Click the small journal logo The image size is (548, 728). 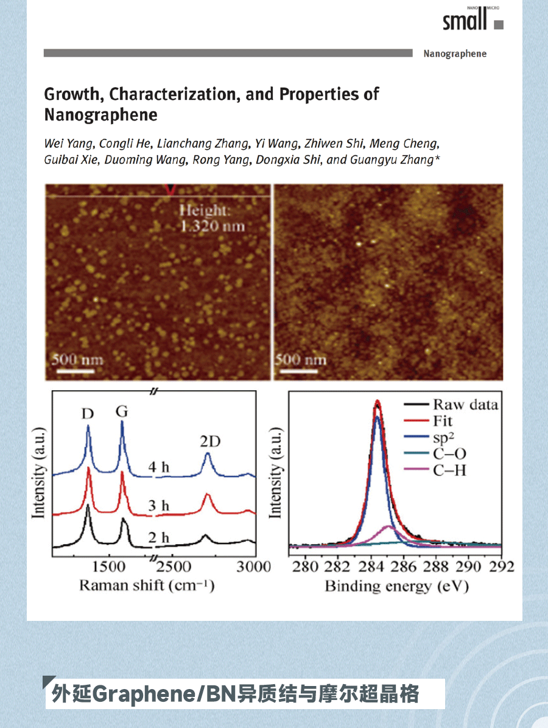point(472,20)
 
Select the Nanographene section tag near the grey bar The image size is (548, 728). point(455,54)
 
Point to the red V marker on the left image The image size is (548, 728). point(170,190)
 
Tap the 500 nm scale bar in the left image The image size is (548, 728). point(76,362)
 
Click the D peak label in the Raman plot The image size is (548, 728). point(88,414)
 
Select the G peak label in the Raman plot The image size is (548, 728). point(122,411)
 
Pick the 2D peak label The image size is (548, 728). point(209,441)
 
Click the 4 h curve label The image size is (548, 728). point(159,468)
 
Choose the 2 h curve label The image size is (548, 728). point(159,537)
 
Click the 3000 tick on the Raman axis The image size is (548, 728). point(253,567)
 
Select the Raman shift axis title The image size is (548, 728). point(147,586)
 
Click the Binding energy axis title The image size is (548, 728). point(396,586)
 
